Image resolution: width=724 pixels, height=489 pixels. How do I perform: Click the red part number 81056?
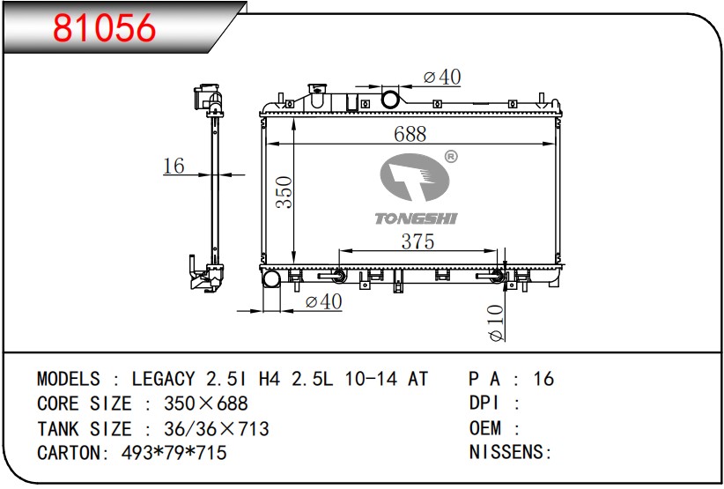coord(104,27)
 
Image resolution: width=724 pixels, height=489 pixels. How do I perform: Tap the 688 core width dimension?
coord(410,134)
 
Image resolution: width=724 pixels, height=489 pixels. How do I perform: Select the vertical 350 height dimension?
coord(284,191)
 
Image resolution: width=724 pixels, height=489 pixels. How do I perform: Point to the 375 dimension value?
coord(417,241)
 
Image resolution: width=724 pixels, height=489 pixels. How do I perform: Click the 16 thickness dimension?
coord(174,166)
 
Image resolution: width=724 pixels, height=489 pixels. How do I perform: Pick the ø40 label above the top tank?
coord(442,77)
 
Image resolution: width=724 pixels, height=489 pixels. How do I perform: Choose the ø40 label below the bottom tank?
coord(323,301)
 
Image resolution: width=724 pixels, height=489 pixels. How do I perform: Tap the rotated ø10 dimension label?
coord(496,322)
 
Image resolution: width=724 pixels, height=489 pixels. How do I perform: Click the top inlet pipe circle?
coord(390,99)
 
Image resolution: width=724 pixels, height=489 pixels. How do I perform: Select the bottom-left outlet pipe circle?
coord(271,279)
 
